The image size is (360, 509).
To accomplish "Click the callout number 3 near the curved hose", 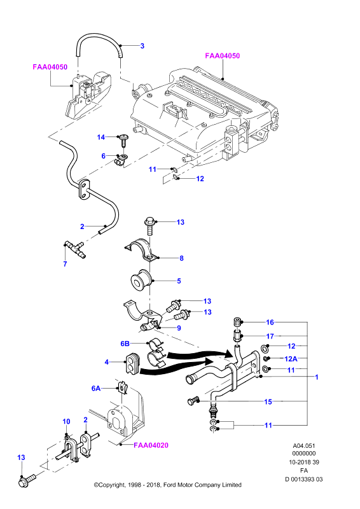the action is [142, 46].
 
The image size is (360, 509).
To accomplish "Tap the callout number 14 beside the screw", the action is [101, 137].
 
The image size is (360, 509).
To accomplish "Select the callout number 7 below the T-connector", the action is [66, 264].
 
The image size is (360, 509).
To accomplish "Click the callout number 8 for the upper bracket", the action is [181, 258].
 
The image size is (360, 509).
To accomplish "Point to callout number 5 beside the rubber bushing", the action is [179, 281].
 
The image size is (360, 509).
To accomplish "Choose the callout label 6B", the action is [125, 344].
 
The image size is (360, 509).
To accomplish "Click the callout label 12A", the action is [291, 359].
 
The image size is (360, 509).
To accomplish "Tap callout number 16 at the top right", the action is [270, 322].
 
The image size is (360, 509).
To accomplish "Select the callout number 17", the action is [270, 337].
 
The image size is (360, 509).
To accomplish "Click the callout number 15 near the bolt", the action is [268, 401].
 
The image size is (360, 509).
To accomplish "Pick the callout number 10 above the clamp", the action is [66, 421].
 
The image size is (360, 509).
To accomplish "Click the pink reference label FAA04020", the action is [151, 445].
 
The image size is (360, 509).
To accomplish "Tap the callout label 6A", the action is [96, 388].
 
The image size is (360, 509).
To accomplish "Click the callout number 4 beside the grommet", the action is [106, 361].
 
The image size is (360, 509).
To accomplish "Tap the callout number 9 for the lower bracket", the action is [179, 328].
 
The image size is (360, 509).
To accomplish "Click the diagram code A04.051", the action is [304, 446].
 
